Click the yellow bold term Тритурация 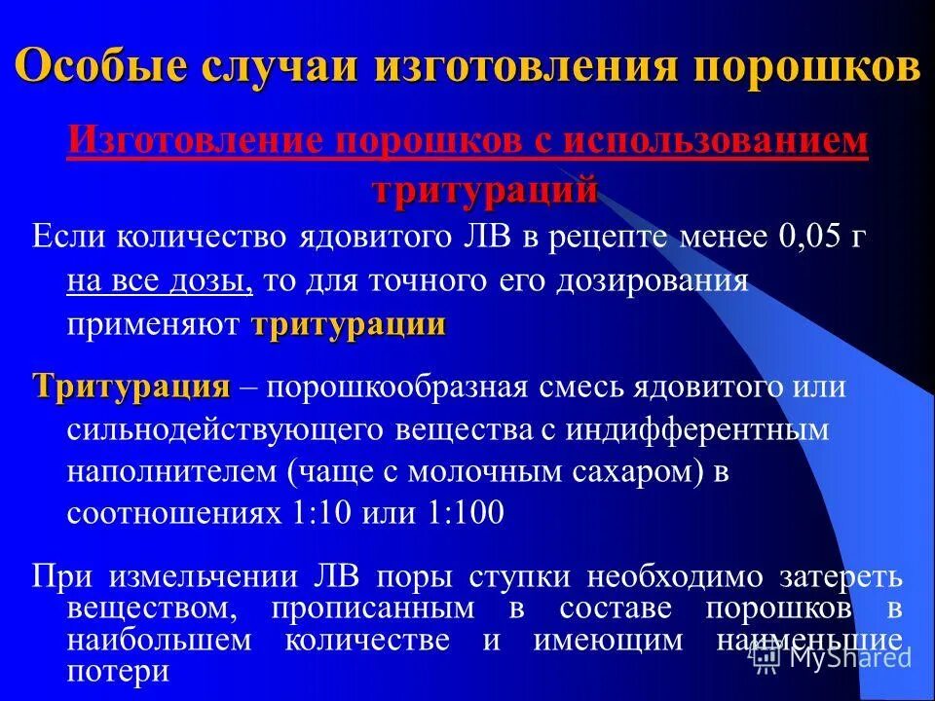coord(131,387)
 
